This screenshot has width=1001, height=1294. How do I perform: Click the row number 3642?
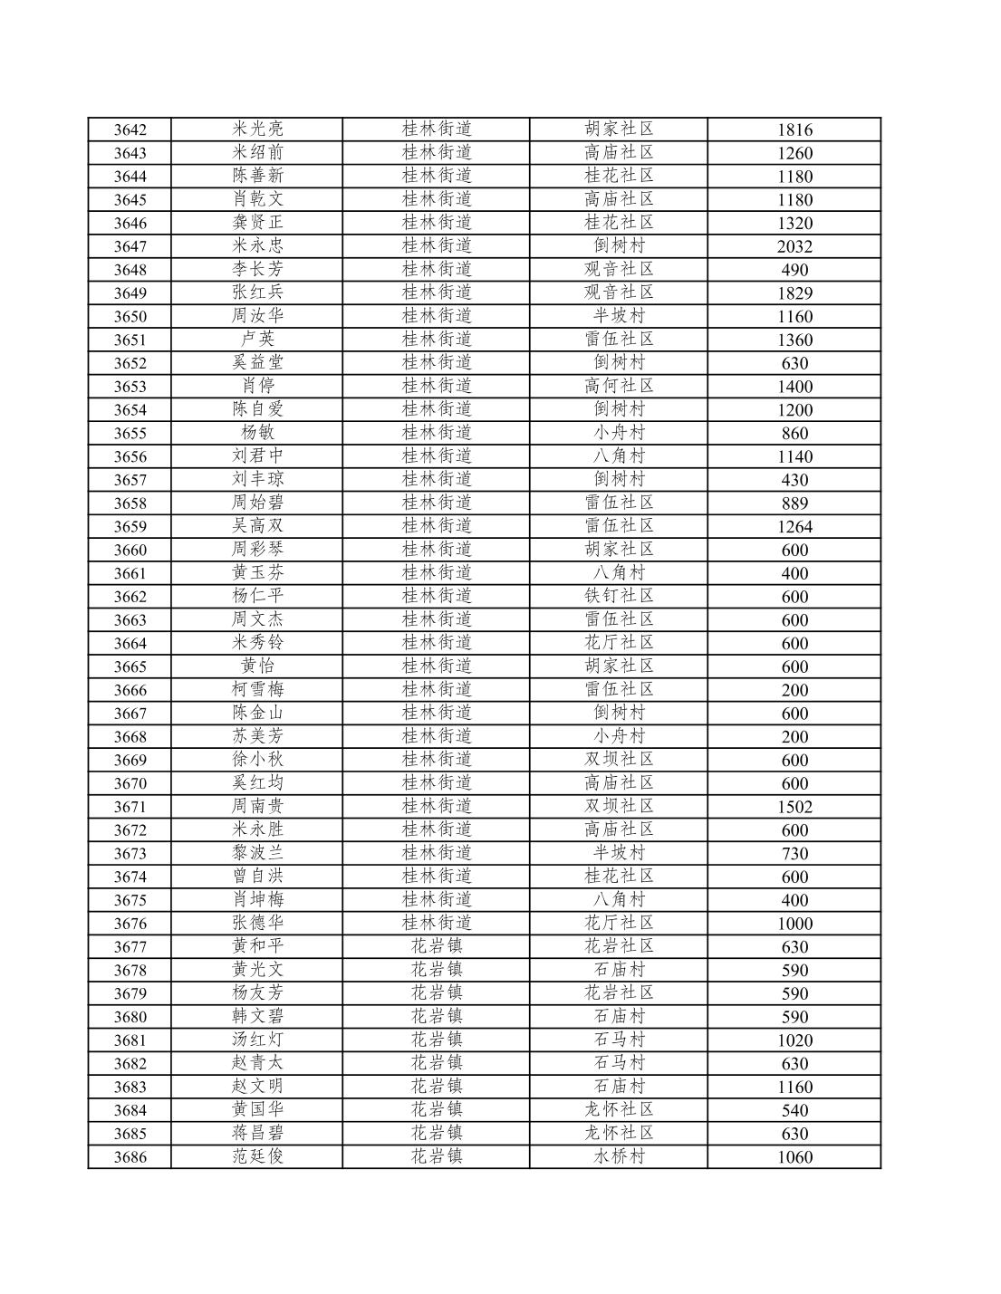pos(130,129)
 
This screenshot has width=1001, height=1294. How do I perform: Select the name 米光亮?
pos(257,129)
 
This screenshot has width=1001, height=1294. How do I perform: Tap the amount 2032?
pos(794,246)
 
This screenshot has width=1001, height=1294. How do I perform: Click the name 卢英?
pos(257,339)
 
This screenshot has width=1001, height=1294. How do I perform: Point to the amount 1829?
pos(794,293)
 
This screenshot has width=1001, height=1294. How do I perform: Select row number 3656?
pos(130,456)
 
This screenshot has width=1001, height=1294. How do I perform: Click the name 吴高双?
pos(257,526)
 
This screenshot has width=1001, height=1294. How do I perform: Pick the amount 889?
pos(794,503)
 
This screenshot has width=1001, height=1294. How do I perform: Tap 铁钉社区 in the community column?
pos(619,596)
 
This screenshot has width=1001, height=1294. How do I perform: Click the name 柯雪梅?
pos(257,689)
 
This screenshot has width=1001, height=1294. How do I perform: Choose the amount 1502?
pos(794,807)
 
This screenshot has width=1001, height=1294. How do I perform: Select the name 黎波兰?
pos(257,853)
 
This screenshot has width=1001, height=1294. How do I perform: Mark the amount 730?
pos(794,854)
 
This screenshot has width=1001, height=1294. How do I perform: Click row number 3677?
pos(130,947)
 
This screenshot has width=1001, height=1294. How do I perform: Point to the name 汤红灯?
pos(257,1040)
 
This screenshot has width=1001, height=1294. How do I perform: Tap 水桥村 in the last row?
pos(619,1156)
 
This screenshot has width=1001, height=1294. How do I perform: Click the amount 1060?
pos(794,1157)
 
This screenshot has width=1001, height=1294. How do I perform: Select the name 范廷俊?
pos(257,1156)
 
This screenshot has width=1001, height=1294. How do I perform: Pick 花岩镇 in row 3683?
pos(437,1087)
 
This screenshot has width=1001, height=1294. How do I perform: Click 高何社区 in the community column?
pos(619,386)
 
